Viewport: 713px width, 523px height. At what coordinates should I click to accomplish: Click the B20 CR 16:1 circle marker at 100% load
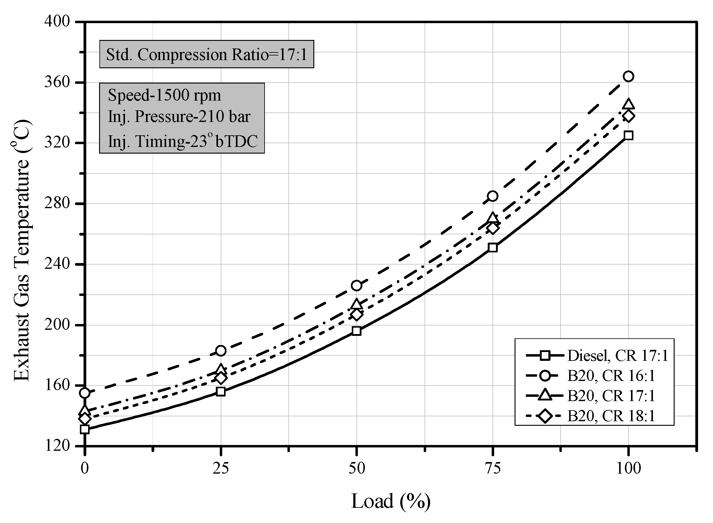[628, 76]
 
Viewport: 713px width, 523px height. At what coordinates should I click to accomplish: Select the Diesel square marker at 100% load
[628, 136]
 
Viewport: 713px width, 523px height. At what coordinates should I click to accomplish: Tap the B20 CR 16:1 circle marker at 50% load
[357, 286]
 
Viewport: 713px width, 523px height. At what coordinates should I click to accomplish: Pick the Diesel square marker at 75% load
[492, 247]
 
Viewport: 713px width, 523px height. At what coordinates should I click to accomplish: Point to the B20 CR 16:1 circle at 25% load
[221, 351]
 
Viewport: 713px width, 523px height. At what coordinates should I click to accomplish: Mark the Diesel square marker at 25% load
[221, 392]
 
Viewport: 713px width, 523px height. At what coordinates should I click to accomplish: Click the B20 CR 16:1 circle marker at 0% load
[85, 393]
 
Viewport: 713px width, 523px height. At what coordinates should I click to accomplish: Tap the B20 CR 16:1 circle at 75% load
[492, 196]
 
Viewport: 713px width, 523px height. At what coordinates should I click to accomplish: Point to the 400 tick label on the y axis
[57, 22]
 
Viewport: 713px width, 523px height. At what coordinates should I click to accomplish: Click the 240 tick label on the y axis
[57, 264]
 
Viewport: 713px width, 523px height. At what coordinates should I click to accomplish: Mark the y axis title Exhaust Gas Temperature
[22, 250]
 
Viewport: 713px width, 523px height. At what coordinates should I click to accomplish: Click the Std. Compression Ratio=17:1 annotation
[206, 55]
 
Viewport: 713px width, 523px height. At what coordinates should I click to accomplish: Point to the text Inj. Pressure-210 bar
[179, 116]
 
